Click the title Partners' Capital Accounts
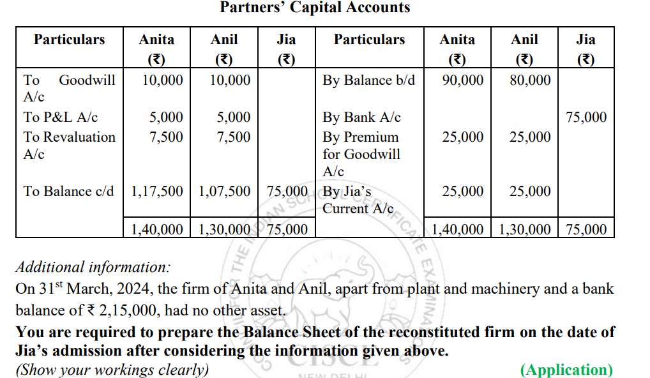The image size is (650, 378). (x=315, y=8)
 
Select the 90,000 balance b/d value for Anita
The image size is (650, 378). (x=462, y=80)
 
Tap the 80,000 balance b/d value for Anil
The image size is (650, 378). (x=530, y=80)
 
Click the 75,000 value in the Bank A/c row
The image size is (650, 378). (x=586, y=117)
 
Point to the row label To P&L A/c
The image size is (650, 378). (x=61, y=117)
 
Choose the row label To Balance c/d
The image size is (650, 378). (x=68, y=191)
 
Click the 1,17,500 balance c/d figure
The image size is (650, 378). (x=157, y=191)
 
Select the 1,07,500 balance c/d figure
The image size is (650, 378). (x=225, y=191)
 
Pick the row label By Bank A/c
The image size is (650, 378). (x=361, y=117)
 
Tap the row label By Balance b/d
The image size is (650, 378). (x=368, y=80)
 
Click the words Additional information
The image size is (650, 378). (x=93, y=267)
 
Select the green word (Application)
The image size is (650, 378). (x=566, y=370)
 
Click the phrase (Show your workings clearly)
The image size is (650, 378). (x=112, y=370)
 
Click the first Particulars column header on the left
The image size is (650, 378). (x=69, y=40)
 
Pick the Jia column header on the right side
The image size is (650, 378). (x=586, y=40)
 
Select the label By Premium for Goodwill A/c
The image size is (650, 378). (x=361, y=154)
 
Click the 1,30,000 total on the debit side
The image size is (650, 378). (x=225, y=229)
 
